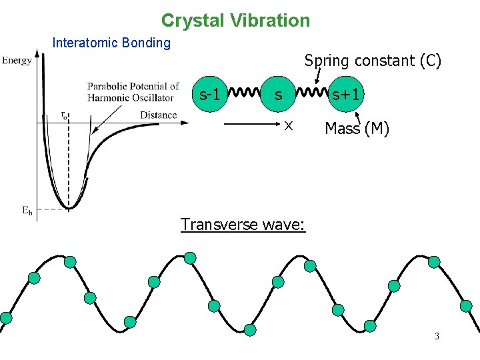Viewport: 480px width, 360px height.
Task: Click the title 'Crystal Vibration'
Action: point(235,21)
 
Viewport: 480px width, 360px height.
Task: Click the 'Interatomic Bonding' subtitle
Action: point(111,43)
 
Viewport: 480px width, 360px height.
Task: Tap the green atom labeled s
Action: point(279,95)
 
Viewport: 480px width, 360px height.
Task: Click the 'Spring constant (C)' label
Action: point(373,61)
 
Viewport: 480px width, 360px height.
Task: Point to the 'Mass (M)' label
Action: point(357,129)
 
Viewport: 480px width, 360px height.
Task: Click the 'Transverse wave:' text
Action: point(243,224)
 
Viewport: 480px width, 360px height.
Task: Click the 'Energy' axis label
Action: point(17,61)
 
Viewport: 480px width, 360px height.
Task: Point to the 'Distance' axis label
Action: point(159,115)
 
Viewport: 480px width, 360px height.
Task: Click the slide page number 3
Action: point(437,336)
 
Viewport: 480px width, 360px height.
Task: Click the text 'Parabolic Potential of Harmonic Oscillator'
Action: point(133,92)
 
